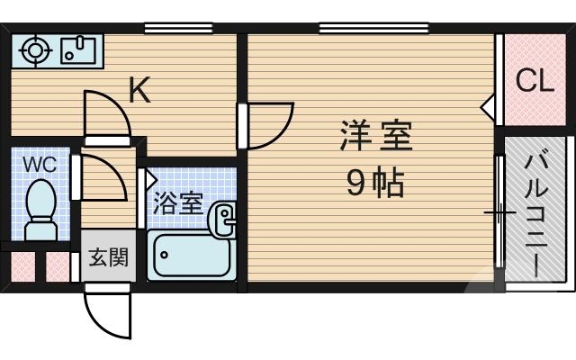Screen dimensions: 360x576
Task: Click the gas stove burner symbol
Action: tap(35, 50)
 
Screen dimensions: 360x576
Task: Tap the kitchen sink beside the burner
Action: tap(78, 50)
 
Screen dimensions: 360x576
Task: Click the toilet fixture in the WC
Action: tap(40, 210)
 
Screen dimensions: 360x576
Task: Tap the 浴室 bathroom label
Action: tap(177, 201)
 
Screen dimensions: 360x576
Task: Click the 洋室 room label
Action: tap(375, 138)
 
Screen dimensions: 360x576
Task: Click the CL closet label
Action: tap(534, 81)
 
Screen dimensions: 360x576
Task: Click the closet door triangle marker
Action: tap(488, 109)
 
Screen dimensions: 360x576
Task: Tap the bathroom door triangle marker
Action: tap(150, 179)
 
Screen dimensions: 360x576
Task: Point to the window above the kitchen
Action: tap(171, 28)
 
